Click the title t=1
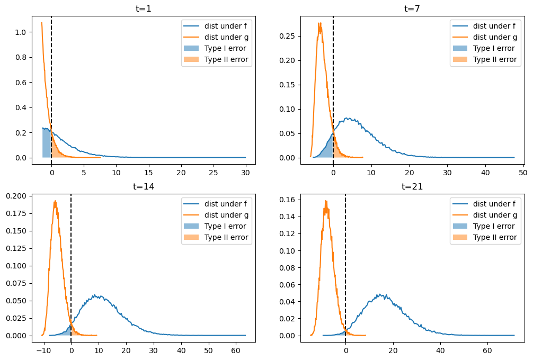(144, 8)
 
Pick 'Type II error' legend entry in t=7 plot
(494, 59)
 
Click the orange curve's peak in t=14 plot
(55, 201)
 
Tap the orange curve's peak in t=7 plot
(319, 23)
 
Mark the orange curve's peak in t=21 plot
(326, 201)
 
